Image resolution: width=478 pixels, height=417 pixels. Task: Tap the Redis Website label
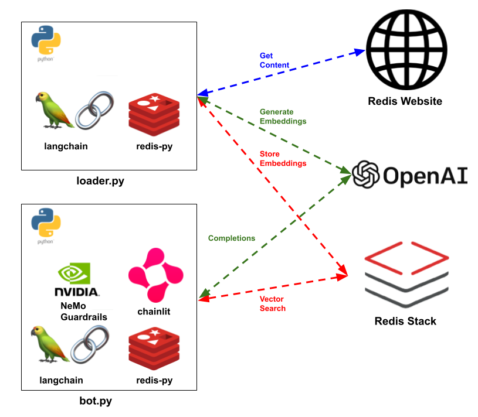point(405,101)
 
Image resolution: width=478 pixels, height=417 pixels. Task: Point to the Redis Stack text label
point(405,321)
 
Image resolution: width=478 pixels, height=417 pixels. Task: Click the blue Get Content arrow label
point(274,60)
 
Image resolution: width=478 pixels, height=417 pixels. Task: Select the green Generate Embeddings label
point(283,117)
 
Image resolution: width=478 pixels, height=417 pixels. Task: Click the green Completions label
point(232,238)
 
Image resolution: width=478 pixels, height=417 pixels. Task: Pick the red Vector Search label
point(272,303)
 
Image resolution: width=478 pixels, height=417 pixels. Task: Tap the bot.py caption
point(96,401)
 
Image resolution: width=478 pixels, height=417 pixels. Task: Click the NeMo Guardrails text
point(84,312)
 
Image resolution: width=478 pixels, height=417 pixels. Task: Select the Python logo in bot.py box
point(46,227)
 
